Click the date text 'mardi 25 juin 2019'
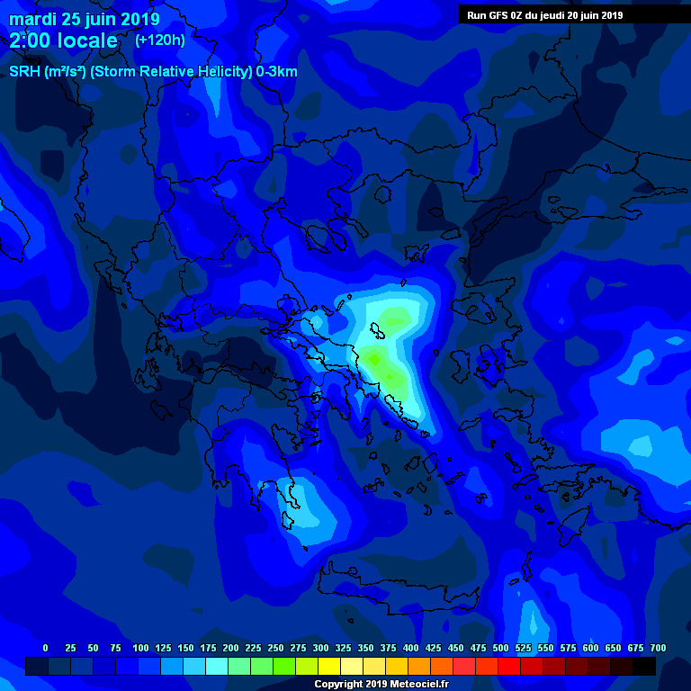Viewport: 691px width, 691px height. [x=85, y=20]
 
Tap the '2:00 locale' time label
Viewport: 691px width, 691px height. [x=63, y=40]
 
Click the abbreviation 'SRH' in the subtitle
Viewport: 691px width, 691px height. [x=24, y=72]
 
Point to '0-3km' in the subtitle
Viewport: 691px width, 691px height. [x=276, y=72]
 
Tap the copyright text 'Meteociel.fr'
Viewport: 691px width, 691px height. [x=416, y=684]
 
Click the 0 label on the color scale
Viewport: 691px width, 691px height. [x=46, y=648]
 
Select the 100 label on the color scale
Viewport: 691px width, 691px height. [x=140, y=648]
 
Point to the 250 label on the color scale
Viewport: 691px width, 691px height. [x=276, y=648]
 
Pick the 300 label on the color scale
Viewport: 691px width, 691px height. [x=321, y=648]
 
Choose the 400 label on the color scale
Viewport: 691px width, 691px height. [x=411, y=648]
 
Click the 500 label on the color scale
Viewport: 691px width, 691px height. [x=501, y=648]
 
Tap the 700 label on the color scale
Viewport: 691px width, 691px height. [x=658, y=648]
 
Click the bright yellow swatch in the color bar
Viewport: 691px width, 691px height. [x=329, y=667]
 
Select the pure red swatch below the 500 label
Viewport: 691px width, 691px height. [x=509, y=667]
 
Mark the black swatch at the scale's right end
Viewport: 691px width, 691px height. [x=644, y=667]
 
